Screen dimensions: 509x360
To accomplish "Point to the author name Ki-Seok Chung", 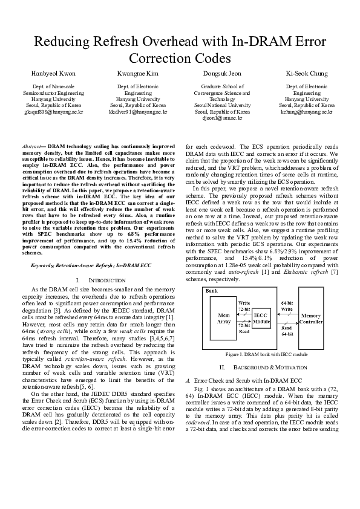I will pyautogui.click(x=307, y=74).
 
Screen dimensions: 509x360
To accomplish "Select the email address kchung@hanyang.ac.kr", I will pyautogui.click(x=307, y=112).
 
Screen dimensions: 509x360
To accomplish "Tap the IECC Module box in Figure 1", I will pyautogui.click(x=261, y=319).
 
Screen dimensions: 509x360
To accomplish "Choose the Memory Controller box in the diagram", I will pyautogui.click(x=310, y=319).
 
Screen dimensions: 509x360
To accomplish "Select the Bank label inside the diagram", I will pyautogui.click(x=212, y=291).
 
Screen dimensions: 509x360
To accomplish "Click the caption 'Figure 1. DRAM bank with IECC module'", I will pyautogui.click(x=266, y=354).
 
